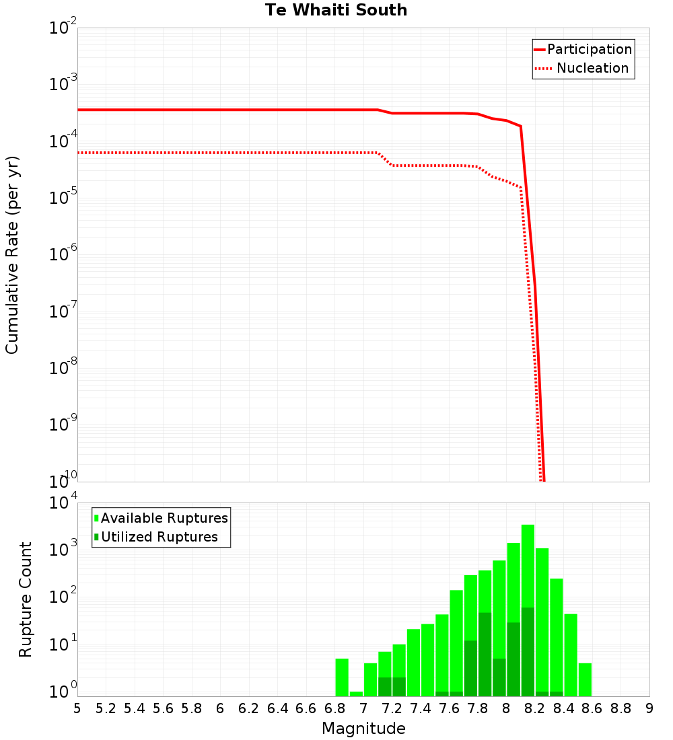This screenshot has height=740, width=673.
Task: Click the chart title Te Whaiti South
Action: [x=336, y=10]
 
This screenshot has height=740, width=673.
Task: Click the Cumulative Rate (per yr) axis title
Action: [x=12, y=254]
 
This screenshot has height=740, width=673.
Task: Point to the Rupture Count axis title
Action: [x=26, y=599]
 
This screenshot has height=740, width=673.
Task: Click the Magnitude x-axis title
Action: [x=363, y=729]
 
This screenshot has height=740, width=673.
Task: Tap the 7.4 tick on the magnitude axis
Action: [x=421, y=708]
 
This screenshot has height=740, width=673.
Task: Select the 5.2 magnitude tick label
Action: [x=106, y=708]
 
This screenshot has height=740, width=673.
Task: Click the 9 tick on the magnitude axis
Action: [x=649, y=708]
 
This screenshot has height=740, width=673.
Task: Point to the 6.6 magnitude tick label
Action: [x=306, y=708]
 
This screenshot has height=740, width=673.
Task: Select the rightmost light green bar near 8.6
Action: [x=585, y=679]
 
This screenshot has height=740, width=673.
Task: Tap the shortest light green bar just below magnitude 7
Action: [x=356, y=694]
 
